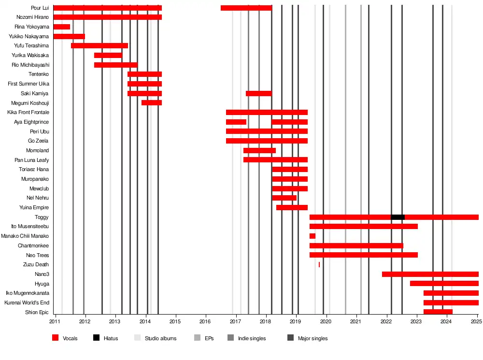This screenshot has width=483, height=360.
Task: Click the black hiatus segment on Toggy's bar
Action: point(398,217)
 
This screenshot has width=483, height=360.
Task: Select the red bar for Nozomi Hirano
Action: point(107,17)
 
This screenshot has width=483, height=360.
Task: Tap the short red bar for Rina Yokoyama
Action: point(61,27)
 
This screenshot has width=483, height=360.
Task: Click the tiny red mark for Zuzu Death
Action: point(319,264)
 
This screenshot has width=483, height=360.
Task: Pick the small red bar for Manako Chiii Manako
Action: point(313,236)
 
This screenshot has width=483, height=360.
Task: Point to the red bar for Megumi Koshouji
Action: point(152,102)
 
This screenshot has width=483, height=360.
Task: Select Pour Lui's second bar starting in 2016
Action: point(246,8)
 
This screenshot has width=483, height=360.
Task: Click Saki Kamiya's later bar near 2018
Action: point(258,93)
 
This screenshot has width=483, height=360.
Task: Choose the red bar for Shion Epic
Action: point(438,312)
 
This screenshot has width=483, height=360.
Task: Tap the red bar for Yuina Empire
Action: point(292,207)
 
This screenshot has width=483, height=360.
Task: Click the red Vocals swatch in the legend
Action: point(55,338)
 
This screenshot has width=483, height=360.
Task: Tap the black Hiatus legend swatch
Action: point(96,338)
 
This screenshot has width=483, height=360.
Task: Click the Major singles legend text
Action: point(313,338)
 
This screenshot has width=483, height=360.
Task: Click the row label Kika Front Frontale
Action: point(28,112)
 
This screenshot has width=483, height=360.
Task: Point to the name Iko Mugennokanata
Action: point(27,293)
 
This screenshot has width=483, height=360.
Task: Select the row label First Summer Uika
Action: point(28,84)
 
